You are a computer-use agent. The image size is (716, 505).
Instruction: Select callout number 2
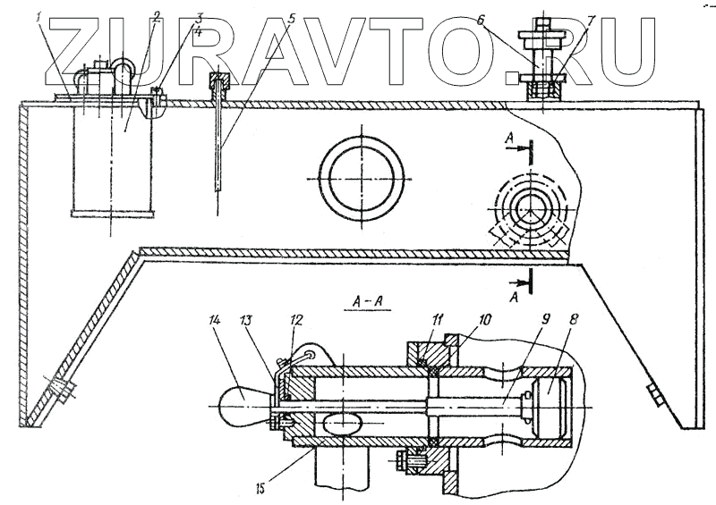156,15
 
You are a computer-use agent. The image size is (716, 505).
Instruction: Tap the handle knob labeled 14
241,410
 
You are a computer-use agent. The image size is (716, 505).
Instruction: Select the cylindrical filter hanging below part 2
113,161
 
